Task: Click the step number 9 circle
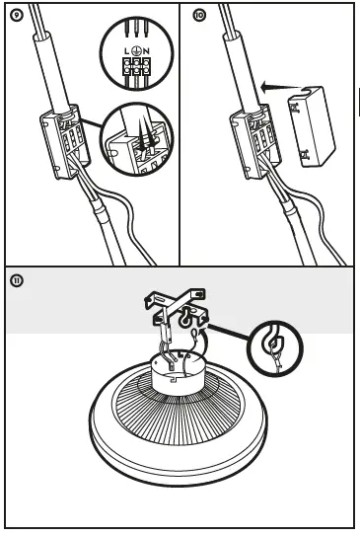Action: pos(17,16)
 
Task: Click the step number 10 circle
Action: pos(199,16)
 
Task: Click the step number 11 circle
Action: pos(17,281)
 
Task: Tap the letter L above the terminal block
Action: pos(127,51)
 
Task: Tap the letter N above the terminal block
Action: pos(146,51)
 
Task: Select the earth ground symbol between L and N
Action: pos(136,50)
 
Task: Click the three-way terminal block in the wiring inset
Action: pos(137,66)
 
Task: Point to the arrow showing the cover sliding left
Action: pos(281,87)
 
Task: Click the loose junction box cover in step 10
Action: pos(312,126)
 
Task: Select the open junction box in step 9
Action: pos(65,141)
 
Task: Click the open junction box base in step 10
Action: pos(255,141)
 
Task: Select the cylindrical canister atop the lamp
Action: pos(177,373)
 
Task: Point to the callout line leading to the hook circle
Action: pos(228,333)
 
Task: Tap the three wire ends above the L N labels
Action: pos(136,28)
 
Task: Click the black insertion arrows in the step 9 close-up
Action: pos(146,135)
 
